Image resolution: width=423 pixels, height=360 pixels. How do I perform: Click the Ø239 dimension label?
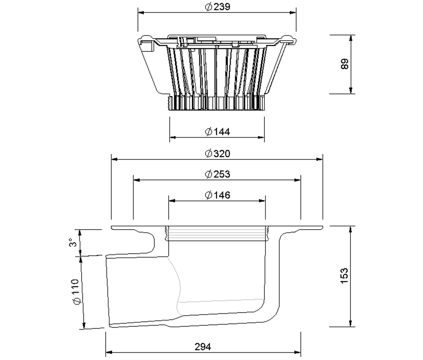click(x=217, y=7)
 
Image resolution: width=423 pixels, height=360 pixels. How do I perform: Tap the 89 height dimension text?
click(x=345, y=64)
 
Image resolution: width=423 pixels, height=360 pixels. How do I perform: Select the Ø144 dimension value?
click(x=217, y=132)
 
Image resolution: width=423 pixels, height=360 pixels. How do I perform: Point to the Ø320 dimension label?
click(x=217, y=153)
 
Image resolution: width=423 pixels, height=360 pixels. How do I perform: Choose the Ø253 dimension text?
click(x=217, y=174)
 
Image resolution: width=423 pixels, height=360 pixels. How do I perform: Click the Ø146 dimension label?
click(x=217, y=195)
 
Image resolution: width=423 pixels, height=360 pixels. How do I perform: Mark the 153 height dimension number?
click(x=344, y=276)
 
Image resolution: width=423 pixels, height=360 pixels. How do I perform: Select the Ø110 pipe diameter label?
click(x=76, y=292)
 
